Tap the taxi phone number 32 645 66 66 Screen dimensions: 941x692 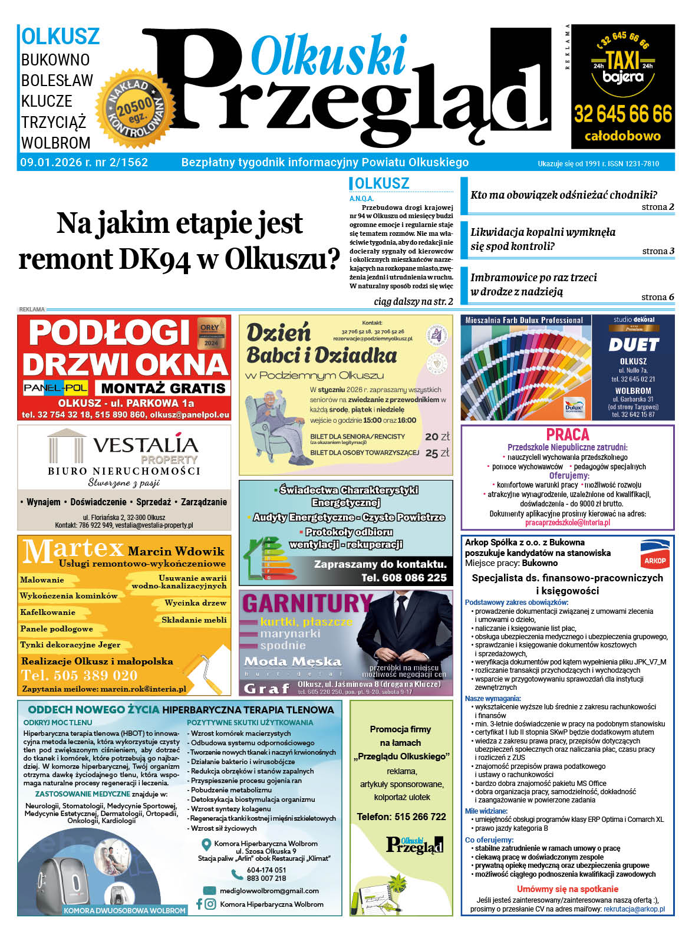622,113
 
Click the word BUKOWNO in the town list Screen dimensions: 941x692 55,60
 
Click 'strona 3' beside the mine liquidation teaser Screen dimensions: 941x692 658,251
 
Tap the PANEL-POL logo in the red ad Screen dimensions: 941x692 56,387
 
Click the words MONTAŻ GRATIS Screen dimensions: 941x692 163,388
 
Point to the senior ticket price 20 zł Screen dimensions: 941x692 437,436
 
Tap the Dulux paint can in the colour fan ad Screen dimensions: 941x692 575,407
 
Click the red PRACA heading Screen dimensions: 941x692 568,435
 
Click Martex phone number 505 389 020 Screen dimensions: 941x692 80,675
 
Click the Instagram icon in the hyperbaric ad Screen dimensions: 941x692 210,904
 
